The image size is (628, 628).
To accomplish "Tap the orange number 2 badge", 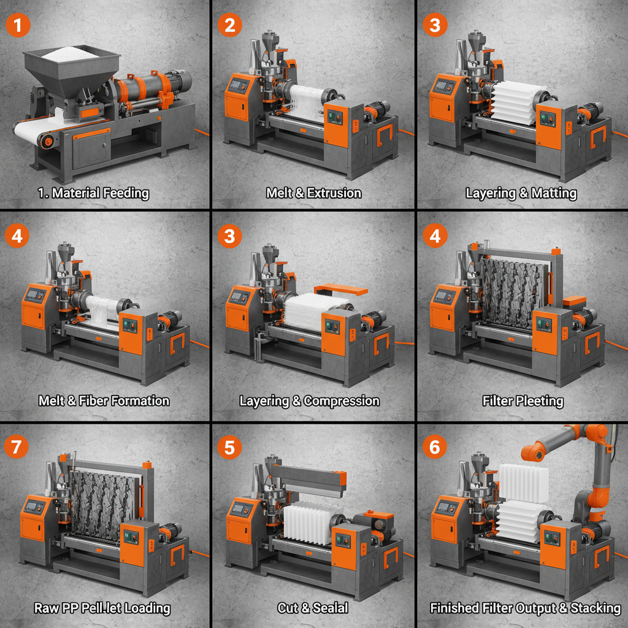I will pos(229,25).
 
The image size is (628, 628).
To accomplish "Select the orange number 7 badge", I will pos(17,447).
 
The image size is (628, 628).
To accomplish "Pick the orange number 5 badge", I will pos(229,447).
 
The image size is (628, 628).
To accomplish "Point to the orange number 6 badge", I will pos(435,447).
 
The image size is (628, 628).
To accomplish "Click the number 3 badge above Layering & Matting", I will pos(435,25).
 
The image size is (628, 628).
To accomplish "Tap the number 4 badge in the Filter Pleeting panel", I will pos(435,236).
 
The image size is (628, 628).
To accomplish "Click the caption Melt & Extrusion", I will pos(313,193).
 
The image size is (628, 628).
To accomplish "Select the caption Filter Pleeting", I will pos(523,401).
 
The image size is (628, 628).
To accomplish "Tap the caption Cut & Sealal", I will pos(313,608).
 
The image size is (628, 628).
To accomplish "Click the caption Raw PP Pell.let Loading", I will pos(102,608).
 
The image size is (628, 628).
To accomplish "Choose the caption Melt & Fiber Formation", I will pos(104,401).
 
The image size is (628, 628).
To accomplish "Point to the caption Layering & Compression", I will pos(309,401).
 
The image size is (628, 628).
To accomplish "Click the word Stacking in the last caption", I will pos(595,608).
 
